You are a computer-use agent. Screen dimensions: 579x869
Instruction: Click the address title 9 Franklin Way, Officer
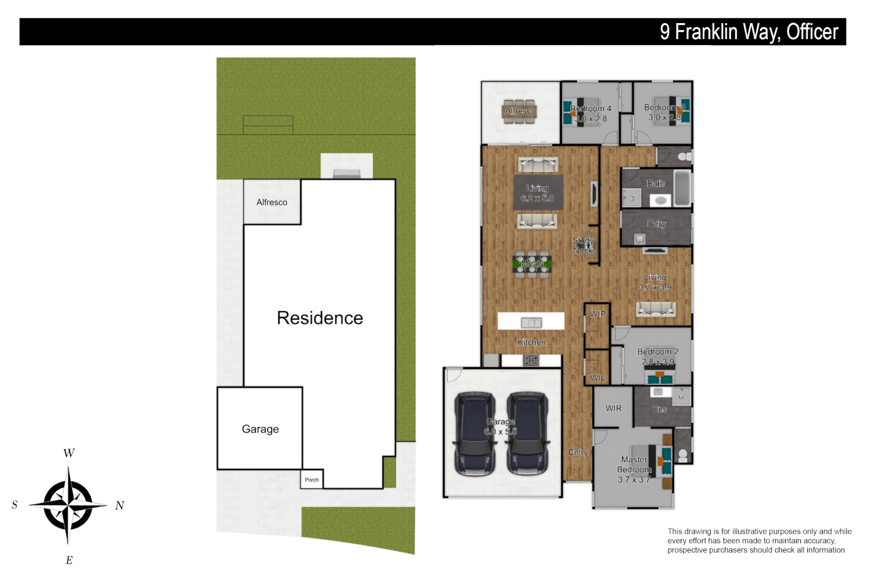click(748, 32)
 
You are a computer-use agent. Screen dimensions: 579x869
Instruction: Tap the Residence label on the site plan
click(320, 318)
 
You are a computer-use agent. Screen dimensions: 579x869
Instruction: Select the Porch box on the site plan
click(312, 479)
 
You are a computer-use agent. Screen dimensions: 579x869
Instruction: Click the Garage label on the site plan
click(260, 429)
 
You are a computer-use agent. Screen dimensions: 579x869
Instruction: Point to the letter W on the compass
click(69, 453)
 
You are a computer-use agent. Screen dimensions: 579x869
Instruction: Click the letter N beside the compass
click(120, 506)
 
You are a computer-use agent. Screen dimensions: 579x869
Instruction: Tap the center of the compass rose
click(68, 505)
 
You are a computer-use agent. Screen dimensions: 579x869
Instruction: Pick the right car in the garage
click(528, 434)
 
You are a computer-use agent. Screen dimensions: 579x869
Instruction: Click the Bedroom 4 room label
click(591, 108)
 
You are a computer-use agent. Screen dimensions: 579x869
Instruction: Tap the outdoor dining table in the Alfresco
click(520, 112)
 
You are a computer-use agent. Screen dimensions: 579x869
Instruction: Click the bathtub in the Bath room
click(682, 188)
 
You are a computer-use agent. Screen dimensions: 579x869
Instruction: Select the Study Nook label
click(583, 246)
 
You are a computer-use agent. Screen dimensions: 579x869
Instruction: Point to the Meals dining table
click(532, 264)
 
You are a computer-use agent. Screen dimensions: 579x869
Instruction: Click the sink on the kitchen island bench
click(531, 323)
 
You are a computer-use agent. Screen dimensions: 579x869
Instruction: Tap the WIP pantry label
click(598, 314)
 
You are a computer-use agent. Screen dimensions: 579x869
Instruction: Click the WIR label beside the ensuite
click(614, 409)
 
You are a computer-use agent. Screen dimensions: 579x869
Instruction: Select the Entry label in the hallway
click(578, 452)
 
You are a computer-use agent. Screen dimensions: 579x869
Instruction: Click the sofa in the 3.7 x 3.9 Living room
click(656, 309)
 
